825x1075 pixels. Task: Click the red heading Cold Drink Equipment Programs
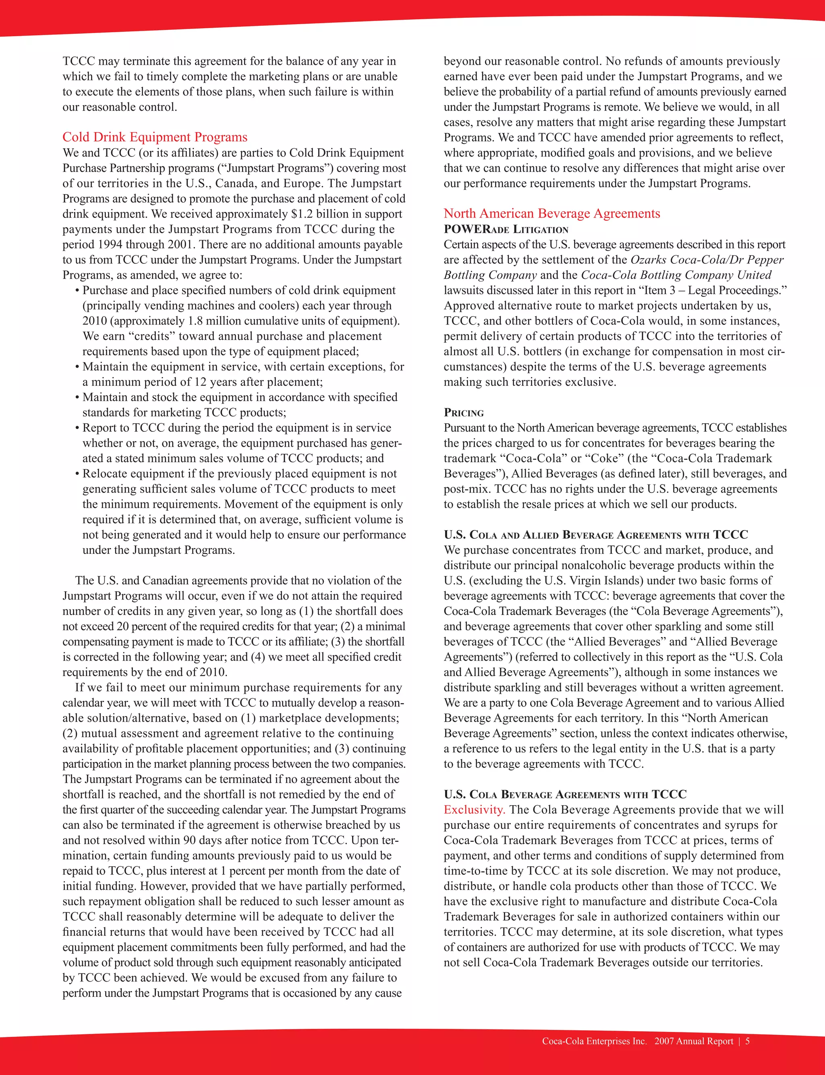point(155,137)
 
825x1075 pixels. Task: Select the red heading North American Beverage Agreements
point(551,213)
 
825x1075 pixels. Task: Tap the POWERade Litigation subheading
point(506,229)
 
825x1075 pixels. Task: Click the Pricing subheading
point(464,412)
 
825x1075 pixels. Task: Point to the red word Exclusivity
point(474,810)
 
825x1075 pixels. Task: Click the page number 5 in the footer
point(747,1041)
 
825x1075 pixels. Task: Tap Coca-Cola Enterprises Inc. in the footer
point(594,1041)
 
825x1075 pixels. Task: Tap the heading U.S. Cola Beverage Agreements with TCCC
point(565,794)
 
